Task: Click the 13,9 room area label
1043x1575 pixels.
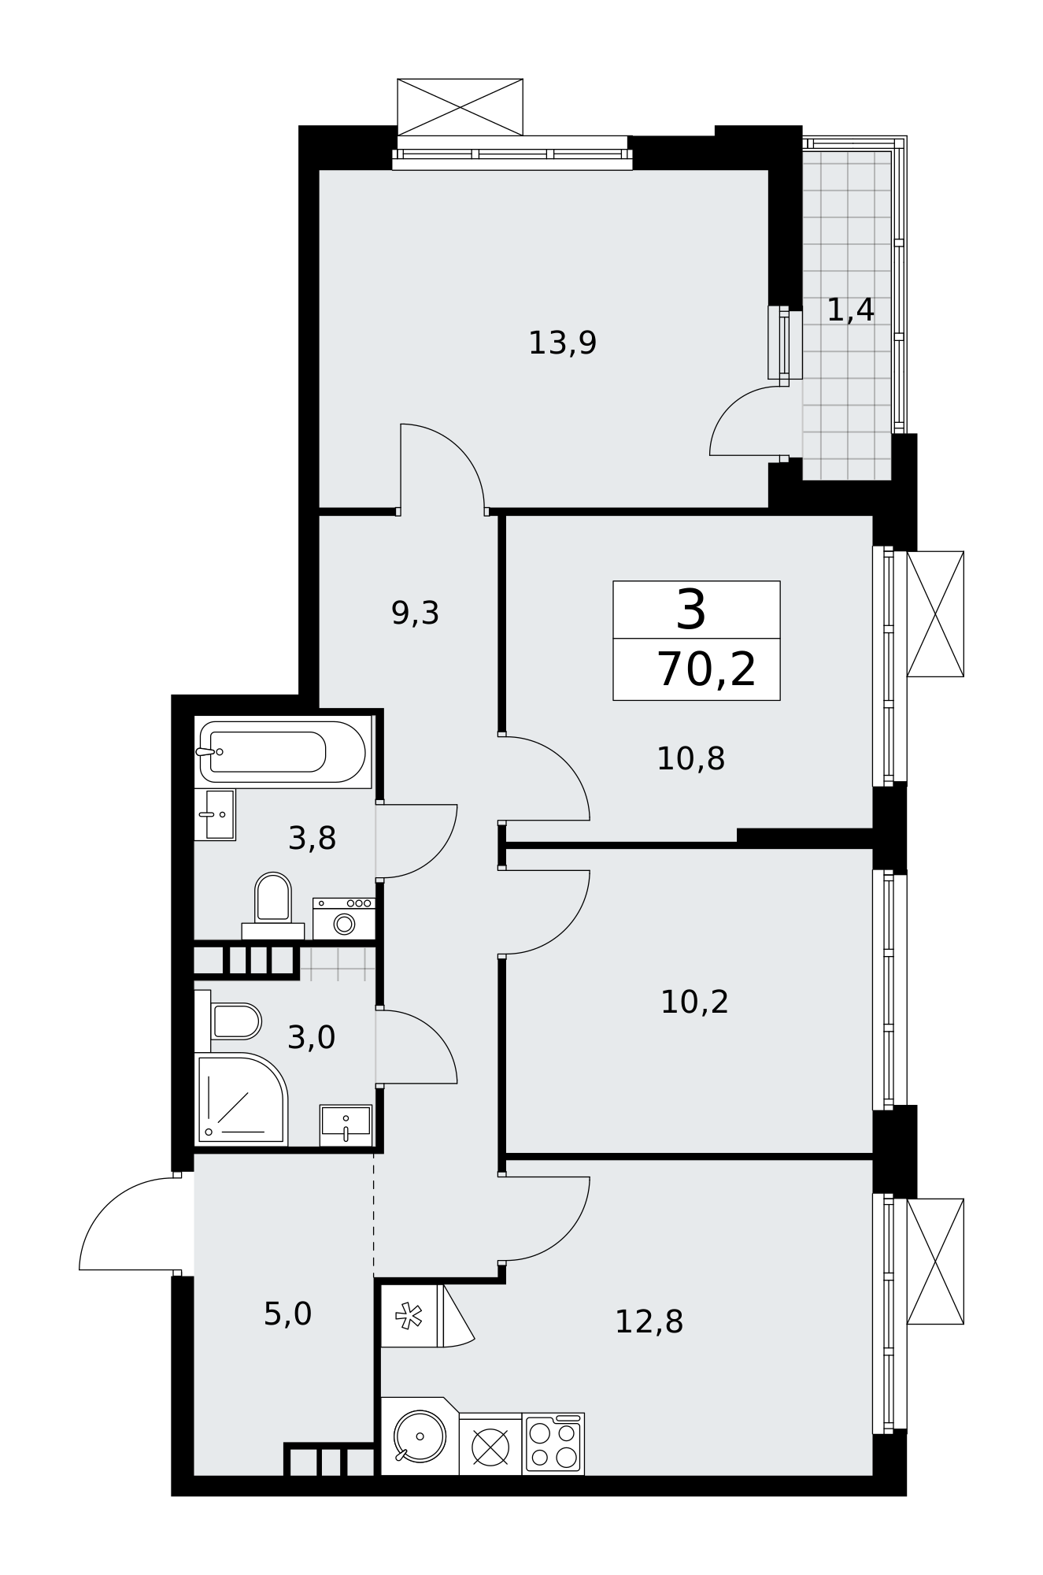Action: tap(562, 343)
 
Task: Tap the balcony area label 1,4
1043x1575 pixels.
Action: tap(850, 310)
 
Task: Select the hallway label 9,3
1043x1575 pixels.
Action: tap(415, 613)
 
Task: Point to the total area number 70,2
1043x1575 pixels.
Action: tap(706, 670)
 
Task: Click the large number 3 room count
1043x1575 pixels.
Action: tap(691, 610)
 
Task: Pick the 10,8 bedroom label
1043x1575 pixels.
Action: tap(690, 759)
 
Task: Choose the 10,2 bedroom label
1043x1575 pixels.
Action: tap(694, 1002)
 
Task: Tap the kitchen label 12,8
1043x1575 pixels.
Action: tap(649, 1322)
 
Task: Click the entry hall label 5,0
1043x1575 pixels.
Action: tap(287, 1314)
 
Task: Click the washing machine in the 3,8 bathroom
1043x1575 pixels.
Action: tap(343, 918)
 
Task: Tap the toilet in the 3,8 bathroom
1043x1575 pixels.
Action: tap(273, 905)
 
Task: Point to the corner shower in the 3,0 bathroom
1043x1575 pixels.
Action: tap(241, 1099)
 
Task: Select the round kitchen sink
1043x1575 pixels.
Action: tap(420, 1436)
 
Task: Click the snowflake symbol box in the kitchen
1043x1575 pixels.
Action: tap(409, 1315)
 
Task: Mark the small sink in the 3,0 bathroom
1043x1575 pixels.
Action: tap(346, 1125)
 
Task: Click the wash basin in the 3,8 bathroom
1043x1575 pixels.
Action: tap(215, 814)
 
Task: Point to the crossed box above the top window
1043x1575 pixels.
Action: tap(460, 107)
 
